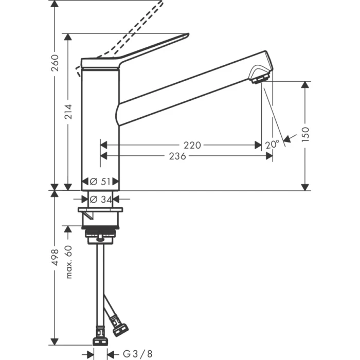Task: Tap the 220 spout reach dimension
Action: pyautogui.click(x=192, y=146)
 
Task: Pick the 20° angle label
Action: pyautogui.click(x=273, y=145)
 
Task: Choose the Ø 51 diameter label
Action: pyautogui.click(x=101, y=181)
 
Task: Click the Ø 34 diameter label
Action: pyautogui.click(x=101, y=199)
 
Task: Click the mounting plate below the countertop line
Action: pyautogui.click(x=100, y=210)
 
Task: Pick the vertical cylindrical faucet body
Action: pyautogui.click(x=101, y=129)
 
